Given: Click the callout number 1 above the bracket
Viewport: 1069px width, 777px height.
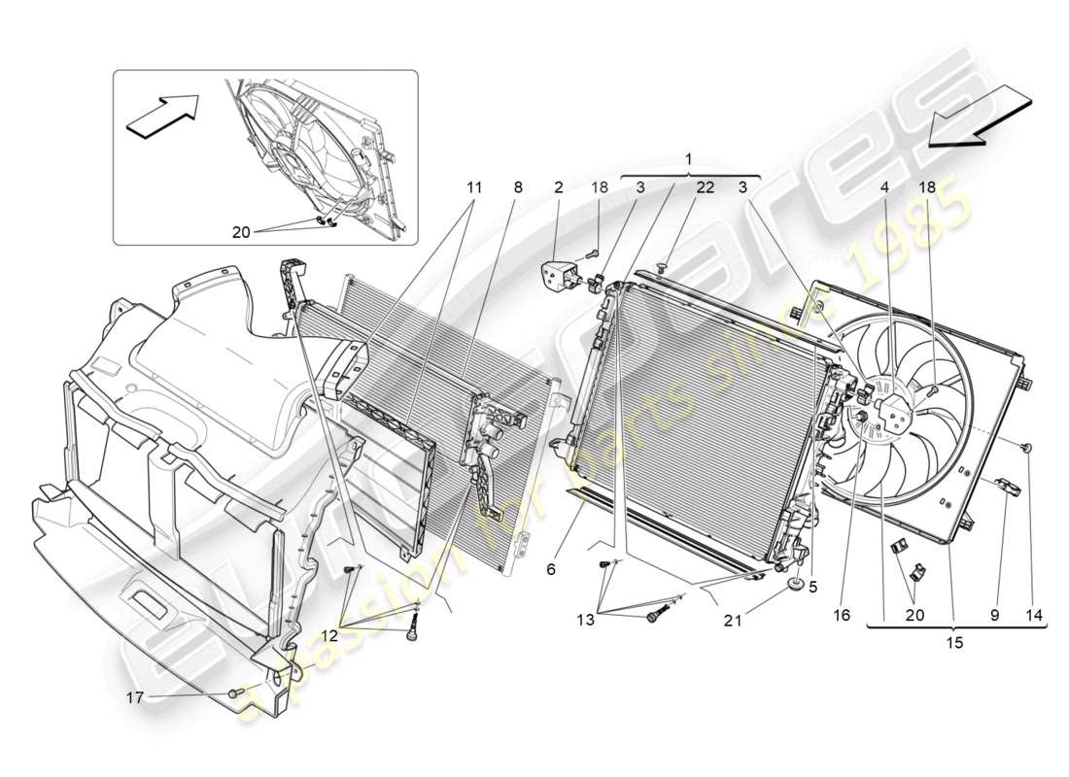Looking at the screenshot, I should [689, 158].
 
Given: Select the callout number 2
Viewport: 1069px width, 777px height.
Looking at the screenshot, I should [559, 187].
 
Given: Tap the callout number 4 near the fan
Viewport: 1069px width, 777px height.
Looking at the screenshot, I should [884, 187].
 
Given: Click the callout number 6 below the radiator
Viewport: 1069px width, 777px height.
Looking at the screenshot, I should [551, 570].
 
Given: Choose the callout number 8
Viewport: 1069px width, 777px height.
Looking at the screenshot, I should [518, 187].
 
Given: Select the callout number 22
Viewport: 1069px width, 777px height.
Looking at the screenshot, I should [704, 187].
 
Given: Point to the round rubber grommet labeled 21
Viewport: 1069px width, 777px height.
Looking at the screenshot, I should [795, 585].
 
